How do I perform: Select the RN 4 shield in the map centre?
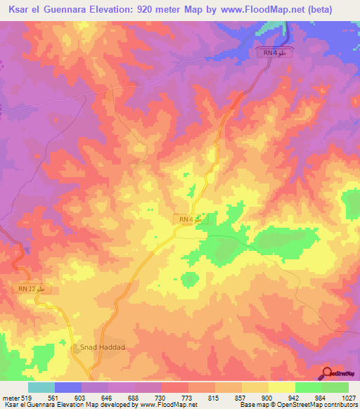coord(191,220)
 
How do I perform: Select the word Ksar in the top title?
coord(18,10)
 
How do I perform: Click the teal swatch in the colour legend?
coord(41,387)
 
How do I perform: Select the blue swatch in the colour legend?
coord(67,387)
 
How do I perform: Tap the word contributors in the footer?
coord(340,405)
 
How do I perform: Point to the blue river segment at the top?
coord(288,32)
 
